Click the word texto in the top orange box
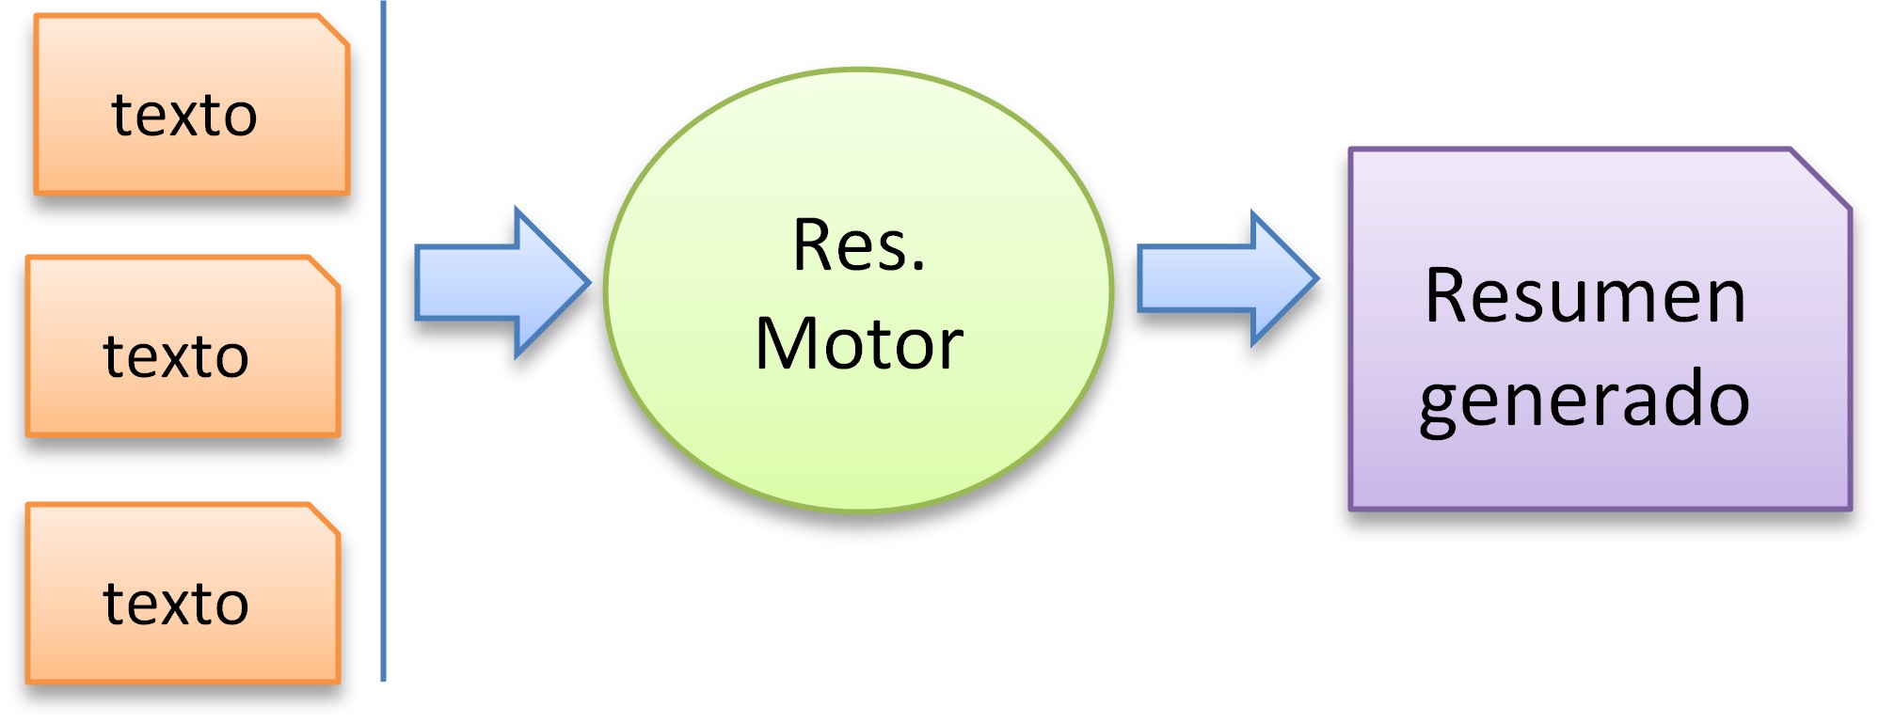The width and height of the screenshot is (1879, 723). pos(184,116)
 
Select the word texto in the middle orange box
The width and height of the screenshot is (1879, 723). pos(176,357)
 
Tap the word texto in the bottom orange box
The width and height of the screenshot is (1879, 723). pos(176,604)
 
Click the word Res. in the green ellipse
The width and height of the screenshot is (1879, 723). pos(858,245)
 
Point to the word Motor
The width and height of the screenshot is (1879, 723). pos(858,344)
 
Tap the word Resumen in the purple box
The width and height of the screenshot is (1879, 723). pos(1584,296)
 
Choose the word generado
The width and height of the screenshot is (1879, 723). pos(1584,400)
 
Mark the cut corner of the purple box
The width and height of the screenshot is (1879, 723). pos(1822,179)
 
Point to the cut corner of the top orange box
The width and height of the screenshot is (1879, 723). pos(334,29)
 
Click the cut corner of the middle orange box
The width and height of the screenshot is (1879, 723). pos(325,272)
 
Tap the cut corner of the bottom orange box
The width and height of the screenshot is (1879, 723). pos(325,519)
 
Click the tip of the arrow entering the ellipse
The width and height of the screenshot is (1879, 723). pos(585,282)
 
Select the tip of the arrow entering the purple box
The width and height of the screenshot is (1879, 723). pos(1314,278)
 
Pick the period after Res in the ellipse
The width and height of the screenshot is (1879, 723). pos(917,270)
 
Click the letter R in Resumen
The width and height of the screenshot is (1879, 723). pos(1445,296)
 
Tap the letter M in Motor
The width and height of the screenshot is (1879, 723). pos(787,344)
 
